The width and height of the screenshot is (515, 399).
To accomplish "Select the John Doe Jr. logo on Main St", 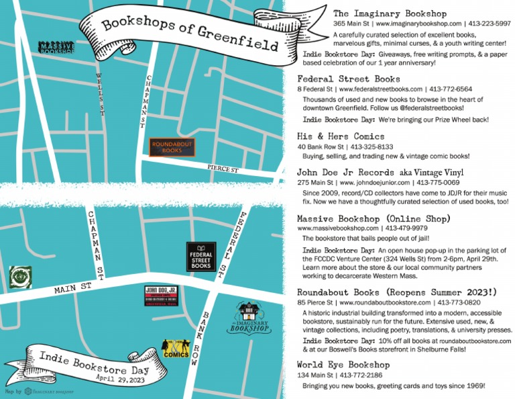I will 161,296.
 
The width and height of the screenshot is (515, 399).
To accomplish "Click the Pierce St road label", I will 223,171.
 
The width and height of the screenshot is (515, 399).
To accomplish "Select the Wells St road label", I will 101,92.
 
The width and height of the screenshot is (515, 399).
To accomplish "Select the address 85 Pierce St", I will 320,303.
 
